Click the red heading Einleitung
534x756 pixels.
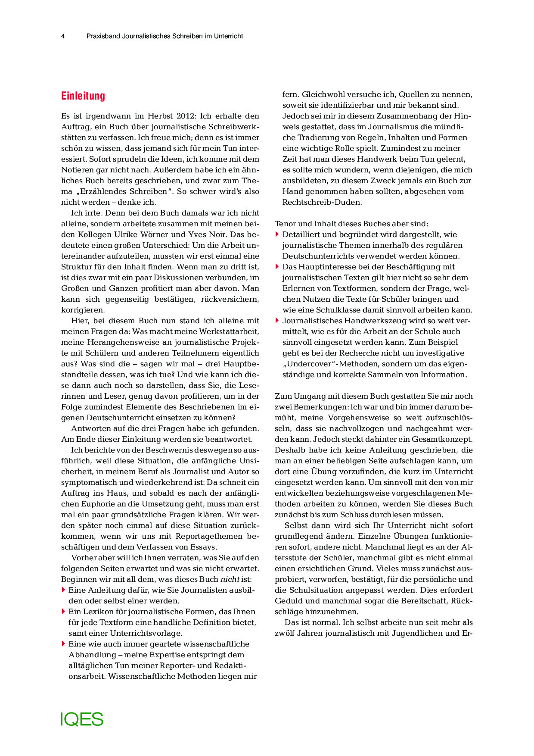pyautogui.click(x=83, y=96)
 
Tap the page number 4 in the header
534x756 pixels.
pyautogui.click(x=63, y=36)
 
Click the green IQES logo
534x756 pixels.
pyautogui.click(x=82, y=719)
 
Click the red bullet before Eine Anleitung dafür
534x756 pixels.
pyautogui.click(x=63, y=590)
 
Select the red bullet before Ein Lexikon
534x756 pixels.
pyautogui.click(x=63, y=611)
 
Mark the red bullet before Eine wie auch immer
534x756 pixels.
pyautogui.click(x=63, y=644)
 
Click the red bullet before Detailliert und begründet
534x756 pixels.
pyautogui.click(x=277, y=234)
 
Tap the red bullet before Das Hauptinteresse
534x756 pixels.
pyautogui.click(x=277, y=266)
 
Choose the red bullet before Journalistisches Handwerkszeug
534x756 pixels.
pyautogui.click(x=277, y=320)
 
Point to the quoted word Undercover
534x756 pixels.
pyautogui.click(x=310, y=364)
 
